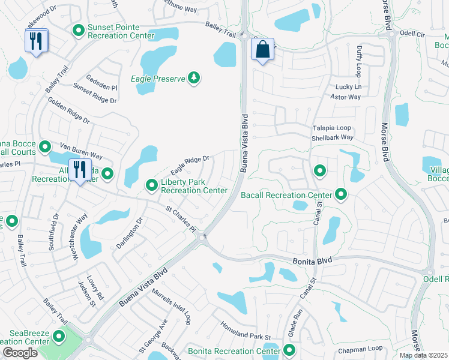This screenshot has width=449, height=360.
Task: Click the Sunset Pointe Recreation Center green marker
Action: [78, 30]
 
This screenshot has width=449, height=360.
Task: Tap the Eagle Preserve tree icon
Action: [193, 78]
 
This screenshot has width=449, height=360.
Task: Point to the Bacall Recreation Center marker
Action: [341, 194]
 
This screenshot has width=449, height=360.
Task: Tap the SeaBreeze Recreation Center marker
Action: [59, 337]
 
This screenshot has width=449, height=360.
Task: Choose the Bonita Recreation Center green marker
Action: [289, 350]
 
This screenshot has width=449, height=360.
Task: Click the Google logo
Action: [20, 352]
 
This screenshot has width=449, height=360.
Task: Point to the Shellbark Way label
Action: [332, 137]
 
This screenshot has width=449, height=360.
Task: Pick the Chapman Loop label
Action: [360, 348]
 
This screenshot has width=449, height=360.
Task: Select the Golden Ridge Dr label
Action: [69, 111]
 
